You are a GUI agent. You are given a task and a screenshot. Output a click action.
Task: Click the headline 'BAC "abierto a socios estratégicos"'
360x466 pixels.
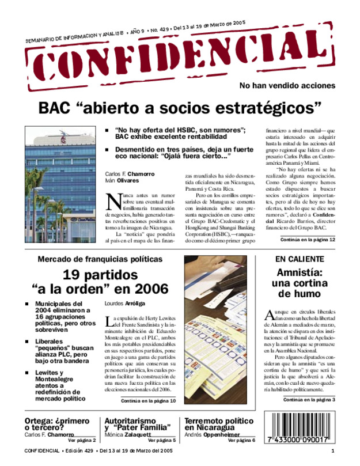(x=180, y=108)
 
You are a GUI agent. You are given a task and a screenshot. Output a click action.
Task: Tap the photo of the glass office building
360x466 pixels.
(x=60, y=184)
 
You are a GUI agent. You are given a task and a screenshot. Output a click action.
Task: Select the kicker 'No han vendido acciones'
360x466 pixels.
(x=287, y=85)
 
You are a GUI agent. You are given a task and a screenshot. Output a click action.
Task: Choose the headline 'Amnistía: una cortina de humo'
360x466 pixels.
(x=297, y=283)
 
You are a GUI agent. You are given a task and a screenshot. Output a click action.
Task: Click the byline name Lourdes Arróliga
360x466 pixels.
(x=124, y=302)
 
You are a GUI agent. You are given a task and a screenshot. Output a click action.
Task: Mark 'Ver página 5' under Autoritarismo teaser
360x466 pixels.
(x=162, y=440)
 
